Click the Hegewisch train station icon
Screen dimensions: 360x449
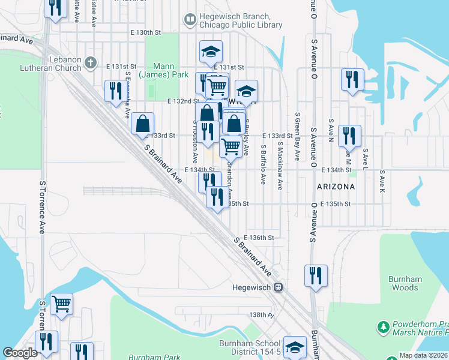coord(279,287)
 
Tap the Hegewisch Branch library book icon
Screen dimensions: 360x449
coord(190,20)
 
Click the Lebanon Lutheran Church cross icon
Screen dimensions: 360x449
coord(91,62)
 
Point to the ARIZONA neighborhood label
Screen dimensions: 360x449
coord(336,187)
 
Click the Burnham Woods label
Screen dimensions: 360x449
coord(403,283)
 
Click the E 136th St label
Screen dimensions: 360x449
coord(259,238)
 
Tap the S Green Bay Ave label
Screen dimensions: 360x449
coord(297,136)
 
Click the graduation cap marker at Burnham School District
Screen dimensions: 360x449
coord(295,346)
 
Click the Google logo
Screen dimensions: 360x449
coord(20,353)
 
